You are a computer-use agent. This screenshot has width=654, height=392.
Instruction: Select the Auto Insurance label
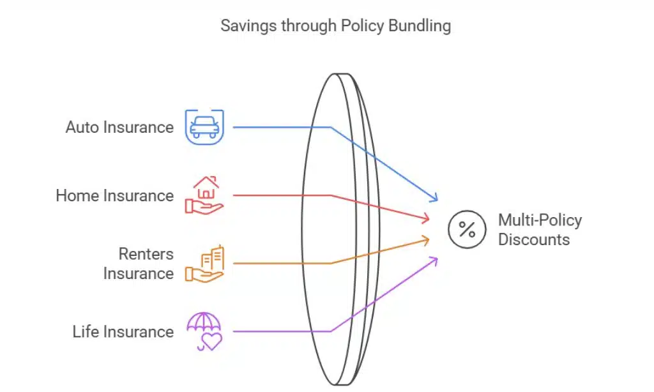[119, 127]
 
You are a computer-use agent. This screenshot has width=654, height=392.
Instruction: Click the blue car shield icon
[204, 126]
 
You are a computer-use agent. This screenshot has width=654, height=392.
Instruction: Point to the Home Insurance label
[114, 195]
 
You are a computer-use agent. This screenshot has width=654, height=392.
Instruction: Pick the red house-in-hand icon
[204, 195]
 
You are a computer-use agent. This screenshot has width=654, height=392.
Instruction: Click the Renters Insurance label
[138, 264]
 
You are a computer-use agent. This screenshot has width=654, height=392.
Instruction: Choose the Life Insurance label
[123, 332]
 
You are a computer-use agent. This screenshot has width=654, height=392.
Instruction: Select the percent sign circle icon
[468, 229]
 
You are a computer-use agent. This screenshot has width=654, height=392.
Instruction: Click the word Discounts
[533, 240]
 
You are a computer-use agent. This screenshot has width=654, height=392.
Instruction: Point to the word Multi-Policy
[540, 220]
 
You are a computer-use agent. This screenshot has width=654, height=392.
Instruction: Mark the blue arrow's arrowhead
[436, 199]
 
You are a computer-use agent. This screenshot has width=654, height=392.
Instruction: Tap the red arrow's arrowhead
[426, 220]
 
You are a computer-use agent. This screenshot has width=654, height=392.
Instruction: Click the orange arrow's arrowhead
[426, 239]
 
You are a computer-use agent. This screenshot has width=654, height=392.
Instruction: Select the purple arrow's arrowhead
[436, 259]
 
